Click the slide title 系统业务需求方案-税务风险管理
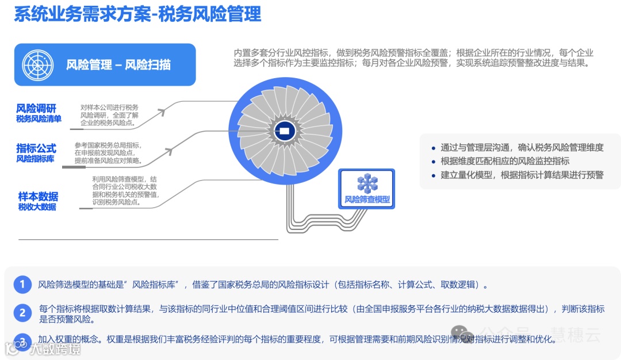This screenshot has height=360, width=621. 138,14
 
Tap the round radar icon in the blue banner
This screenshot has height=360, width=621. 37,64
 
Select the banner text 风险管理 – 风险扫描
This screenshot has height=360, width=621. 118,65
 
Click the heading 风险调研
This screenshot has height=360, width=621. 36,109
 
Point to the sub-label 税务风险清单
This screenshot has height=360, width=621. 39,119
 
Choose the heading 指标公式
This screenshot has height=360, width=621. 36,148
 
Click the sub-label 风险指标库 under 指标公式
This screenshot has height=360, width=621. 35,159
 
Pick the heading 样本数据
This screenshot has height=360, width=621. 38,197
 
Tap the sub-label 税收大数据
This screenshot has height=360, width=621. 37,207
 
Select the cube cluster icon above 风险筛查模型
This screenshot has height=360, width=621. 367,183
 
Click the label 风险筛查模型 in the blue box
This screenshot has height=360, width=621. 367,200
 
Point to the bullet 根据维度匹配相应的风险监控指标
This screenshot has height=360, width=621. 505,161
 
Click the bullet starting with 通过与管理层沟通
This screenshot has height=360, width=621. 522,147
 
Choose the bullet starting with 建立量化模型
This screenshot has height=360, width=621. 522,175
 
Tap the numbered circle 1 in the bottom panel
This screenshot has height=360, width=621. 22,284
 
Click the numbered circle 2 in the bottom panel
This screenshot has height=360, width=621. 22,313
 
